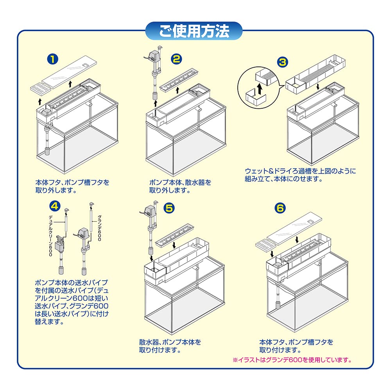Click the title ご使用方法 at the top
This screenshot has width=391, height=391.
tap(194, 32)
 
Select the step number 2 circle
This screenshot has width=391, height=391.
tap(177, 59)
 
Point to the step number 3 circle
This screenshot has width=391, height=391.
tap(282, 61)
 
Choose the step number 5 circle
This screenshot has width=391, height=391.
tap(169, 208)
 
